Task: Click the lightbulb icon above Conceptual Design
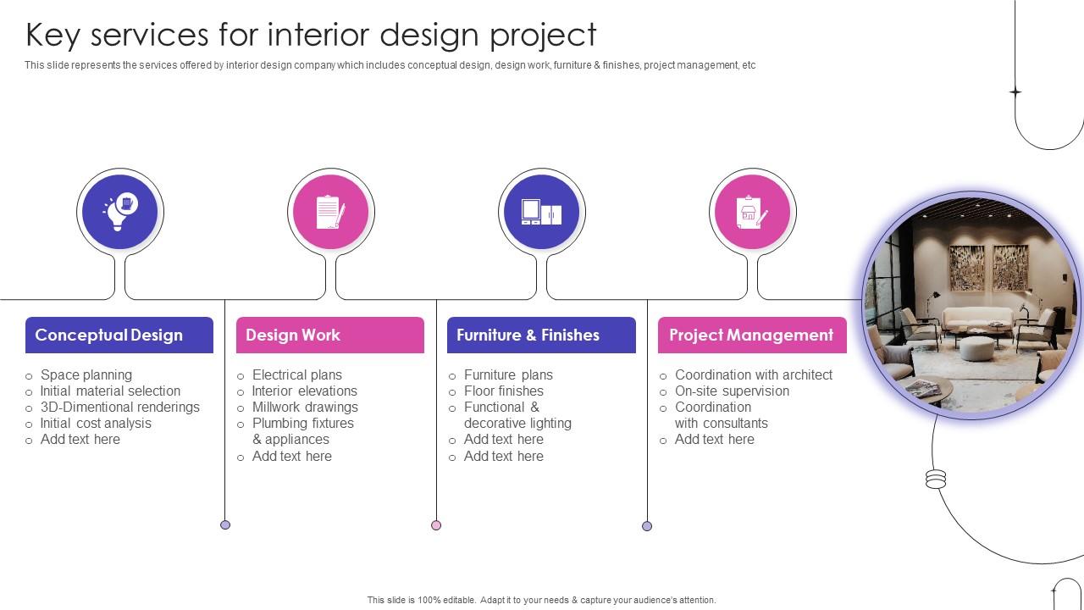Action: pyautogui.click(x=119, y=212)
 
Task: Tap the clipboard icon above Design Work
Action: pyautogui.click(x=330, y=212)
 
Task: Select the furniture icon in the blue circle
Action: pyautogui.click(x=541, y=212)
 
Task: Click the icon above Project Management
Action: pyautogui.click(x=752, y=212)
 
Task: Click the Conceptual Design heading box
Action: pyautogui.click(x=119, y=335)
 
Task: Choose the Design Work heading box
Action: pyautogui.click(x=329, y=335)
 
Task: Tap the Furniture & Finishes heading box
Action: pyautogui.click(x=540, y=335)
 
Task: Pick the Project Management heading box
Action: pyautogui.click(x=752, y=335)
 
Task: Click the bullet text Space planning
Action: pyautogui.click(x=86, y=374)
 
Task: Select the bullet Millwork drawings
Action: pyautogui.click(x=305, y=407)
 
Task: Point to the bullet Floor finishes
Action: pyautogui.click(x=504, y=391)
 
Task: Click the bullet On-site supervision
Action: pyautogui.click(x=732, y=391)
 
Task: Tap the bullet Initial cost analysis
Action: pyautogui.click(x=96, y=423)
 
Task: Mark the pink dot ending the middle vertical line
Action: pyautogui.click(x=436, y=525)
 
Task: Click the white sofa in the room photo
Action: pyautogui.click(x=977, y=319)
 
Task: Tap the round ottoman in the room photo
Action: pyautogui.click(x=976, y=347)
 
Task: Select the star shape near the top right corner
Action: pyautogui.click(x=1015, y=91)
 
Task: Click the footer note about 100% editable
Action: pyautogui.click(x=541, y=600)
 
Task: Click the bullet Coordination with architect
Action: pyautogui.click(x=754, y=374)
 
